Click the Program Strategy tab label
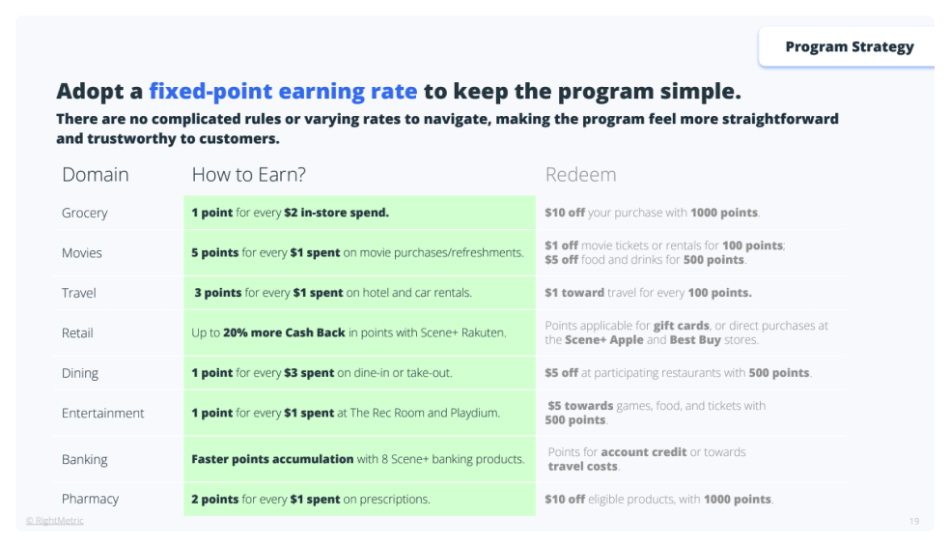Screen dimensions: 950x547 pyautogui.click(x=850, y=46)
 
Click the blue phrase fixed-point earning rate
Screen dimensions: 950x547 pyautogui.click(x=283, y=91)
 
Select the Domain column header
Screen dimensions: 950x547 pyautogui.click(x=96, y=175)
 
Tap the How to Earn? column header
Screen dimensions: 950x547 pyautogui.click(x=248, y=175)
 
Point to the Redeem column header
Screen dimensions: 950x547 pyautogui.click(x=580, y=175)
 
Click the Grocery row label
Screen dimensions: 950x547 pyautogui.click(x=84, y=213)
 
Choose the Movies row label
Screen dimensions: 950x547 pyautogui.click(x=82, y=253)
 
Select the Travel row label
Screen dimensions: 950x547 pyautogui.click(x=79, y=293)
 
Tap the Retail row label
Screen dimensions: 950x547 pyautogui.click(x=77, y=332)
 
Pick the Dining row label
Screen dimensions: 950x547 pyautogui.click(x=80, y=373)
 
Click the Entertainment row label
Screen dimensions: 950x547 pyautogui.click(x=103, y=413)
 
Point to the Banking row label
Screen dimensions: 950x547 pyautogui.click(x=84, y=460)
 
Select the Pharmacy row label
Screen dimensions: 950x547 pyautogui.click(x=91, y=499)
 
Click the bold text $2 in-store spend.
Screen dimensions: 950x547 pyautogui.click(x=336, y=213)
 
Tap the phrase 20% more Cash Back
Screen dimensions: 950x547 pyautogui.click(x=284, y=332)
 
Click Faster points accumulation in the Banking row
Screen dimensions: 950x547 pyautogui.click(x=272, y=459)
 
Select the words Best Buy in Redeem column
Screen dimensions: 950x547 pyautogui.click(x=695, y=339)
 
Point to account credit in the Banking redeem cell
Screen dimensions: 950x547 pyautogui.click(x=643, y=451)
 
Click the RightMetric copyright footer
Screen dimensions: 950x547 pyautogui.click(x=54, y=520)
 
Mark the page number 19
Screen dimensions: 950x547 pyautogui.click(x=913, y=521)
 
